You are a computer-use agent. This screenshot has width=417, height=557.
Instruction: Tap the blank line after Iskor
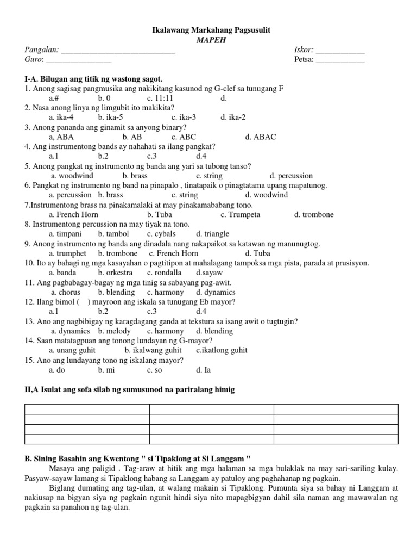click(x=340, y=51)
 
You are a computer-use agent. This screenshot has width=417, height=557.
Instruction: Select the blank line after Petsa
click(x=340, y=61)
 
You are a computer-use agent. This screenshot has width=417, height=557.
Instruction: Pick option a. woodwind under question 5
click(x=72, y=176)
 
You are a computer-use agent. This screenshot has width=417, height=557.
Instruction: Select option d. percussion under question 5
click(x=291, y=176)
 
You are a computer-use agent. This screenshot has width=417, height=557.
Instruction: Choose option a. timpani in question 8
click(x=66, y=234)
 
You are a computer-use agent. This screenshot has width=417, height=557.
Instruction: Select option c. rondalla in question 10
click(x=164, y=273)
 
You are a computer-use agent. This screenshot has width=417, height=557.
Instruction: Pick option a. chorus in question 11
click(x=66, y=292)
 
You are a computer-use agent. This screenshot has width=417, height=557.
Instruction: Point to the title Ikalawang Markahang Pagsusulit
click(x=210, y=30)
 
